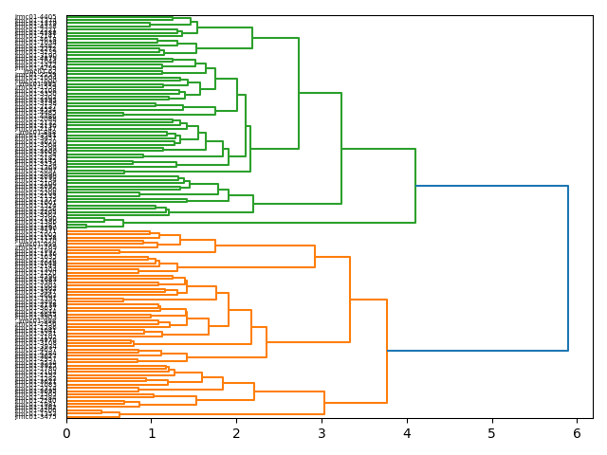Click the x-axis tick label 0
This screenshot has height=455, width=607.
pyautogui.click(x=66, y=433)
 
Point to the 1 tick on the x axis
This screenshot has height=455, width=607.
pyautogui.click(x=152, y=433)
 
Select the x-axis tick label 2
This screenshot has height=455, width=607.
pyautogui.click(x=237, y=433)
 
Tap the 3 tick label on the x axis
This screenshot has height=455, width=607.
pyautogui.click(x=322, y=433)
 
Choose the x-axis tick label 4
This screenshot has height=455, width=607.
pyautogui.click(x=407, y=433)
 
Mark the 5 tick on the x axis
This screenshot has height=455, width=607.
pyautogui.click(x=492, y=433)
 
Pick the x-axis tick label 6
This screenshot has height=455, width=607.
pyautogui.click(x=577, y=433)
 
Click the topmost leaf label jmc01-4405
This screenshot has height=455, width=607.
pyautogui.click(x=35, y=17)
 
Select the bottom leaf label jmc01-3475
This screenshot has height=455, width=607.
pyautogui.click(x=35, y=416)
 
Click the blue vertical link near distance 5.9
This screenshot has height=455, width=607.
pyautogui.click(x=568, y=268)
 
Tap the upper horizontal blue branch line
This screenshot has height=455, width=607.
pyautogui.click(x=491, y=186)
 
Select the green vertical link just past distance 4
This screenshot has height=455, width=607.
pyautogui.click(x=415, y=186)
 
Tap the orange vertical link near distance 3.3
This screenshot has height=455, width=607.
pyautogui.click(x=350, y=300)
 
